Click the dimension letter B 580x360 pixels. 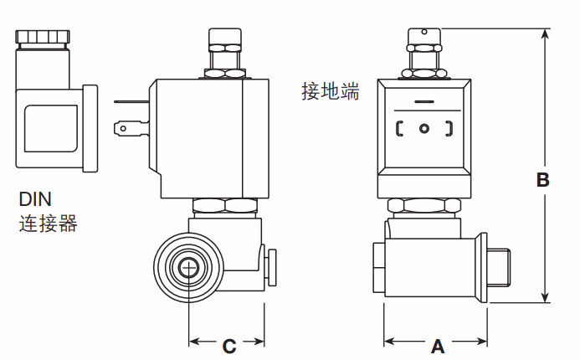coord(542,179)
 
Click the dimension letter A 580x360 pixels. coord(436,344)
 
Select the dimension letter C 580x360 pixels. coord(228,344)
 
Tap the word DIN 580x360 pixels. coord(35,200)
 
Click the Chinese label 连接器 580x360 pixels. coord(48,224)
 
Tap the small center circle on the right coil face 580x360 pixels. coord(424,129)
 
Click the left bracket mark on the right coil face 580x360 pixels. coord(399,129)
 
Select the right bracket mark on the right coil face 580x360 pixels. coord(449,129)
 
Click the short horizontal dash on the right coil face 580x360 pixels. coord(424,104)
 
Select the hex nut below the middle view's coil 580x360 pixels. coord(223,204)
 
